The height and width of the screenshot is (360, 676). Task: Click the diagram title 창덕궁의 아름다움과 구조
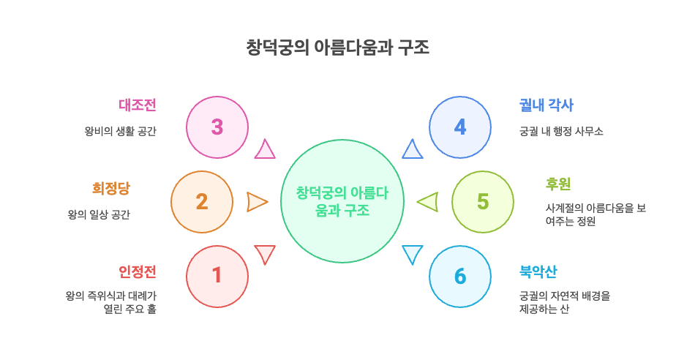[337, 48]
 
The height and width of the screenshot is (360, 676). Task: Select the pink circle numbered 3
[217, 127]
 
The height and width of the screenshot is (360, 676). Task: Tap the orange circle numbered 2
[202, 202]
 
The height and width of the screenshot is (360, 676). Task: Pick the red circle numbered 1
[217, 276]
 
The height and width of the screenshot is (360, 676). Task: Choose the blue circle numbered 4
[459, 127]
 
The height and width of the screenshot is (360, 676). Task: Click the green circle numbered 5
[482, 202]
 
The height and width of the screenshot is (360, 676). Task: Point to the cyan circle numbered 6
[459, 276]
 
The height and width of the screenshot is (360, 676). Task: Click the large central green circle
[342, 201]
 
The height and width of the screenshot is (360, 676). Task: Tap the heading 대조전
[138, 105]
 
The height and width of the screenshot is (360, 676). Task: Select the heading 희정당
[110, 188]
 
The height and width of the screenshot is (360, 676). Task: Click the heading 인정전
[138, 271]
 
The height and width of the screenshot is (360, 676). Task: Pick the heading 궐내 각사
[546, 105]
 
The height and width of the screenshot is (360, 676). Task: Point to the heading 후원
[558, 184]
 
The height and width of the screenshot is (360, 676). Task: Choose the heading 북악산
[538, 271]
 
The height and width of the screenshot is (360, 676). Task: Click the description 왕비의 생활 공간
[120, 132]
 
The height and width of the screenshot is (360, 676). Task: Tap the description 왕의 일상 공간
[98, 215]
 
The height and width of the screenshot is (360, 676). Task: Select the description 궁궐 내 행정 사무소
[560, 132]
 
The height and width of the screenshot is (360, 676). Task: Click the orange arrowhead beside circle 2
[257, 202]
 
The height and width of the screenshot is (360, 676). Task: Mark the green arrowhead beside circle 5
[428, 202]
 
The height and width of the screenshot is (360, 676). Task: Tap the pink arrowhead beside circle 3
[265, 150]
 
